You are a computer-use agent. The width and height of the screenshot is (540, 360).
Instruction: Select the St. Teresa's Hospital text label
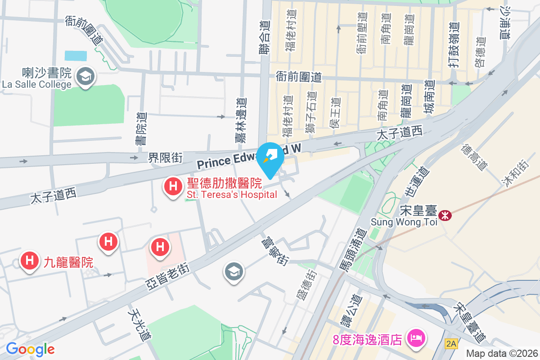(232, 195)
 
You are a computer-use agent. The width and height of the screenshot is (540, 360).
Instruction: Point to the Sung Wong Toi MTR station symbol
(445, 216)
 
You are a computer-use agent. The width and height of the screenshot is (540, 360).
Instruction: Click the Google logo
(30, 349)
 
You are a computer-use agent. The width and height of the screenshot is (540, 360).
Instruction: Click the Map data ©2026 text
(501, 354)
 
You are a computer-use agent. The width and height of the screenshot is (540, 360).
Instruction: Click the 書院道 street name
(141, 128)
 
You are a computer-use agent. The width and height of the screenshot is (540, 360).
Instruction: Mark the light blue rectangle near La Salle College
(76, 56)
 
